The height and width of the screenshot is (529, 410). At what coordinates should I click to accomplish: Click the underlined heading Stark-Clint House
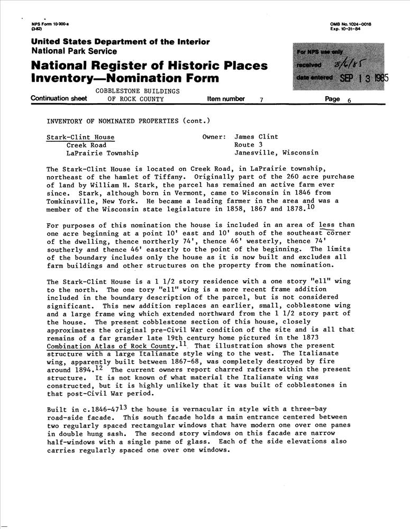pyautogui.click(x=80, y=137)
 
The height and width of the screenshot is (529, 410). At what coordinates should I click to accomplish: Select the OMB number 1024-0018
pyautogui.click(x=357, y=25)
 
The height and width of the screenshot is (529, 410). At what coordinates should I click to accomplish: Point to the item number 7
pyautogui.click(x=261, y=99)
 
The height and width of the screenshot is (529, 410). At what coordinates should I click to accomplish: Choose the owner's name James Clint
pyautogui.click(x=256, y=137)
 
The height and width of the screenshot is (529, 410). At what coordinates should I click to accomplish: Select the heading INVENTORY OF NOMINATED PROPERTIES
pyautogui.click(x=113, y=121)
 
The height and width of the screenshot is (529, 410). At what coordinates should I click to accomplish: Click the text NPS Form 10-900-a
pyautogui.click(x=48, y=25)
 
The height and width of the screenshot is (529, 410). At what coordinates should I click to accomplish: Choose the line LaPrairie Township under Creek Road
pyautogui.click(x=103, y=153)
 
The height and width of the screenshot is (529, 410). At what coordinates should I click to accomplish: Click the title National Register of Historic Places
pyautogui.click(x=149, y=66)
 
